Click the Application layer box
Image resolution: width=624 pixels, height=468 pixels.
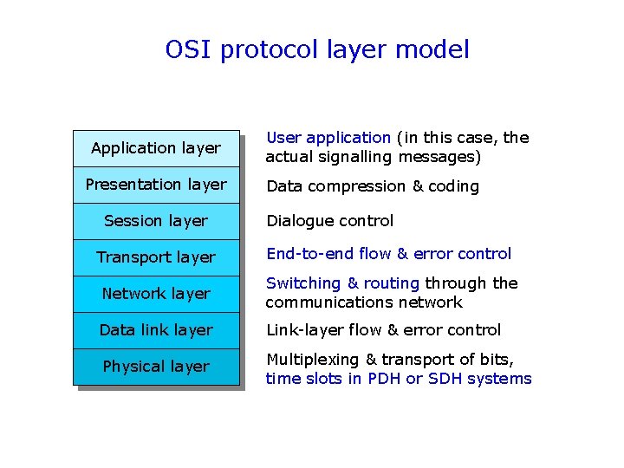point(156,148)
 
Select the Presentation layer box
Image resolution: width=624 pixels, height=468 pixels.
point(156,185)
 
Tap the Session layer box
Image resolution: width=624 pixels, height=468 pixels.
point(156,221)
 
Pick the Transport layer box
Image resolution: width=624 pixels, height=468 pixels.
point(156,257)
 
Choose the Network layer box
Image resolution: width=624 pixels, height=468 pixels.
point(156,294)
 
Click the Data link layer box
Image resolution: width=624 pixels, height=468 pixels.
point(156,330)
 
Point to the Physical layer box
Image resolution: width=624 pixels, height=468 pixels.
point(156,367)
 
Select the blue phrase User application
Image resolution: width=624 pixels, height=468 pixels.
point(328,138)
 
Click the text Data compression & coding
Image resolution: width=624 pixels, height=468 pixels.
point(372,186)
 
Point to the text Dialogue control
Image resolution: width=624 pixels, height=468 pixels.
point(329,221)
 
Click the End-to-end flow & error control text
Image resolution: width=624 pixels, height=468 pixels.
point(388,254)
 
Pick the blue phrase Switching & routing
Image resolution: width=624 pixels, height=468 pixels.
point(342,283)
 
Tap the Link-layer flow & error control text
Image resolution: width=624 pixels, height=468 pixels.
point(383,330)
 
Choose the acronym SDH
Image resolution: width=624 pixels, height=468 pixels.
point(447,379)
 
